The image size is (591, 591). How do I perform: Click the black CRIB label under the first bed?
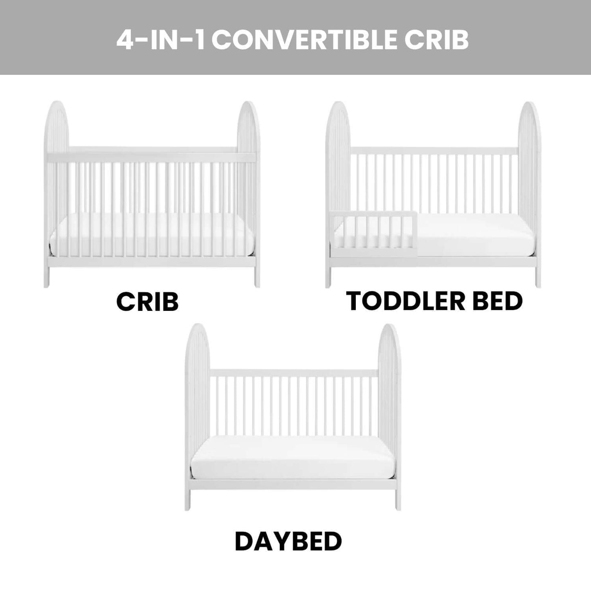(148, 302)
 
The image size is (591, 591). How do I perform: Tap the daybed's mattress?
(292, 461)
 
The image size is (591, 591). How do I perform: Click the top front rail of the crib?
(152, 157)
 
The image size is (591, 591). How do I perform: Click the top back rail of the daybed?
(294, 373)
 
